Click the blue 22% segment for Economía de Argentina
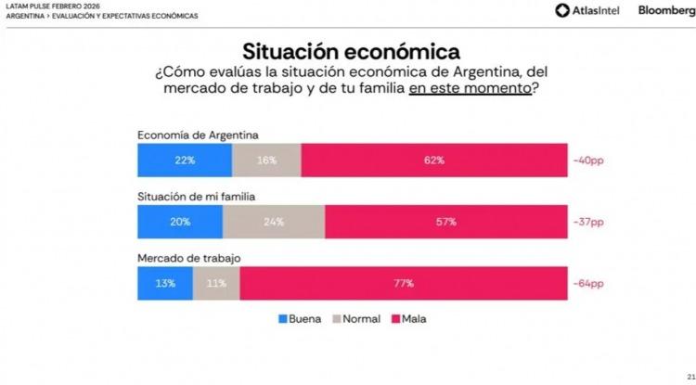click(x=184, y=160)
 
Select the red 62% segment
click(x=434, y=160)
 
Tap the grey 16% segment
click(x=266, y=160)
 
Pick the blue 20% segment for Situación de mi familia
click(x=180, y=222)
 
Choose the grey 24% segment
click(x=274, y=222)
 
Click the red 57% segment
click(x=446, y=222)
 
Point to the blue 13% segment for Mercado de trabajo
click(x=165, y=283)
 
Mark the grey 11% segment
click(x=216, y=283)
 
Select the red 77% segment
click(x=403, y=283)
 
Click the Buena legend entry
click(x=300, y=319)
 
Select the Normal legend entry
click(x=355, y=319)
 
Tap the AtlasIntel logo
click(x=587, y=10)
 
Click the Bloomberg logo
click(x=663, y=10)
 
